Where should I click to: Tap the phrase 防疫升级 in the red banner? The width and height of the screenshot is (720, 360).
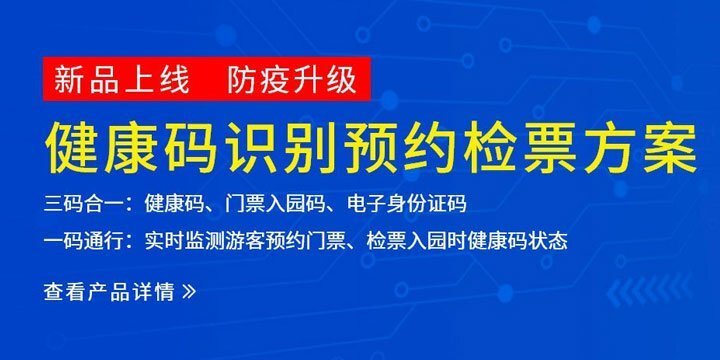click(x=291, y=79)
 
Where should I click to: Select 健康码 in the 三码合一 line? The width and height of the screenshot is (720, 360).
click(x=171, y=204)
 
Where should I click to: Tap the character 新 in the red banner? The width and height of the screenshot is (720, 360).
click(x=69, y=79)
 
